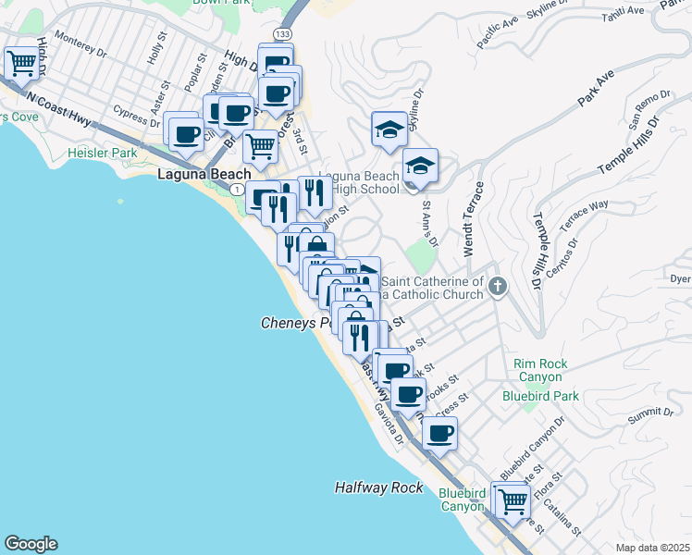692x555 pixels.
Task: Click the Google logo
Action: click(31, 544)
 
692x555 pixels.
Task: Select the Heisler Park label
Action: click(102, 153)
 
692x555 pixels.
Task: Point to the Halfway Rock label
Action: click(378, 487)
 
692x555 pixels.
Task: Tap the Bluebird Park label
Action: click(540, 396)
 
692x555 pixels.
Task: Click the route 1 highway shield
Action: click(238, 189)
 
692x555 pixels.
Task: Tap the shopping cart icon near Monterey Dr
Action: click(21, 63)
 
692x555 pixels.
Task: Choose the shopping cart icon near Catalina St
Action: click(513, 500)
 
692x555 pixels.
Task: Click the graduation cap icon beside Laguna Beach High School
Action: click(420, 166)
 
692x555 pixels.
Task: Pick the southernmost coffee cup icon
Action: click(440, 432)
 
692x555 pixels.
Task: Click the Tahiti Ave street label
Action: click(623, 11)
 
